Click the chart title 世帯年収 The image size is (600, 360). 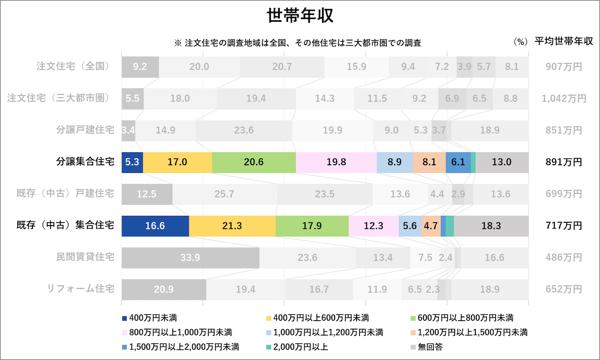[300, 16]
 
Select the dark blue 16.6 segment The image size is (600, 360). [155, 226]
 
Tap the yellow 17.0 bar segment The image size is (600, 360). [177, 162]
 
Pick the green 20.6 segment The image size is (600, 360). [254, 162]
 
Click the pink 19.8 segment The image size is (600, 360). [336, 162]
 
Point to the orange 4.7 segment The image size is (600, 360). [431, 226]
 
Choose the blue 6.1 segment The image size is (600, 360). [458, 162]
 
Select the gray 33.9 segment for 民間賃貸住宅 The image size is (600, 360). [190, 258]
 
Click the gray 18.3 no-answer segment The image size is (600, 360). [491, 226]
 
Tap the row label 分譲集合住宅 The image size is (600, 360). [85, 162]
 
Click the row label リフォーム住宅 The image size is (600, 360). [80, 289]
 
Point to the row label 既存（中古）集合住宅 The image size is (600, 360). [65, 225]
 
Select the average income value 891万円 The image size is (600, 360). [564, 162]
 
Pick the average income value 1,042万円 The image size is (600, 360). [564, 98]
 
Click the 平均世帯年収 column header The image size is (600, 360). [564, 41]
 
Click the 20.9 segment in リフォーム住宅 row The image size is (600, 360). [164, 289]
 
